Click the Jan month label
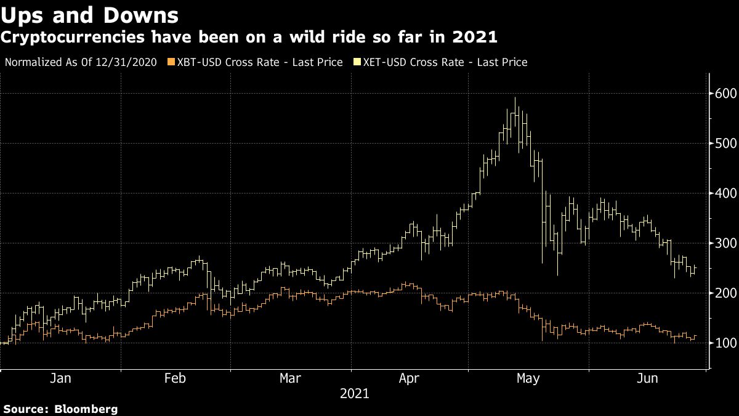point(60,378)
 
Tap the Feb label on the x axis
point(176,378)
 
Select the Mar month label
point(290,378)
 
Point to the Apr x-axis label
point(410,378)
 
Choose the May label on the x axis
point(528,378)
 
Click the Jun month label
point(646,378)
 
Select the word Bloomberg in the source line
point(86,409)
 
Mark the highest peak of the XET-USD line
point(515,98)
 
